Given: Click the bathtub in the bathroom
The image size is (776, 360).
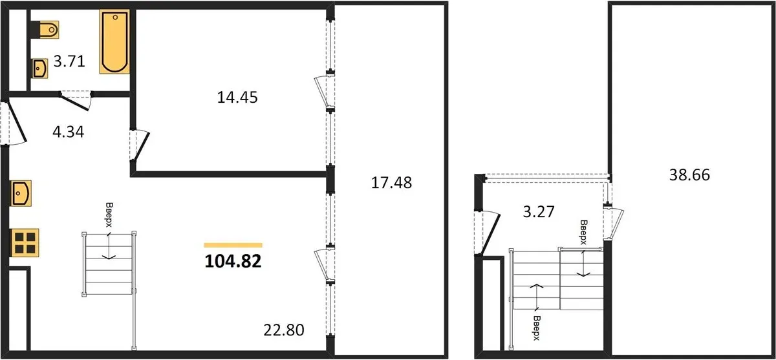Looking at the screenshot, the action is pyautogui.click(x=114, y=41).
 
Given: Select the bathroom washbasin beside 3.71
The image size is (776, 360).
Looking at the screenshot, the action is pyautogui.click(x=40, y=69).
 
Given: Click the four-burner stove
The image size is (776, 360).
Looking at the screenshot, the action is pyautogui.click(x=25, y=242).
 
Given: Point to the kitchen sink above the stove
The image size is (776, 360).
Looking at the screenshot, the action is pyautogui.click(x=21, y=193).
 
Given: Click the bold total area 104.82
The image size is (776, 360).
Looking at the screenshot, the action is pyautogui.click(x=233, y=261).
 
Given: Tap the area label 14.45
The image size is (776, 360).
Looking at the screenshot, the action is pyautogui.click(x=237, y=97).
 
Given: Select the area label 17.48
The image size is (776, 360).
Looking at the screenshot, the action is pyautogui.click(x=391, y=183).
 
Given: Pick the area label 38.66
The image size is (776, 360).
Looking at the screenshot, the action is pyautogui.click(x=689, y=175).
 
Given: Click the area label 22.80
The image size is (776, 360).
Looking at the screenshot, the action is pyautogui.click(x=284, y=330).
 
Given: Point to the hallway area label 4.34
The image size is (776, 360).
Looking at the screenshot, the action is pyautogui.click(x=69, y=132).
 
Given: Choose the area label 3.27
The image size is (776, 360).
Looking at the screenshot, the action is pyautogui.click(x=538, y=211).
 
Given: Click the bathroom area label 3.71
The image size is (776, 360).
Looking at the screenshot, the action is pyautogui.click(x=69, y=61).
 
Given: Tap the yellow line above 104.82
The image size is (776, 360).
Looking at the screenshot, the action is pyautogui.click(x=233, y=246).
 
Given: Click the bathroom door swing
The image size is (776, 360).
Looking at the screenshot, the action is pyautogui.click(x=76, y=101).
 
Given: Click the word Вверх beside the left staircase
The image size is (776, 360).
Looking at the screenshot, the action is pyautogui.click(x=109, y=215).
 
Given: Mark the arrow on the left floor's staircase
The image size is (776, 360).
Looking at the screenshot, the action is pyautogui.click(x=109, y=246).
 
